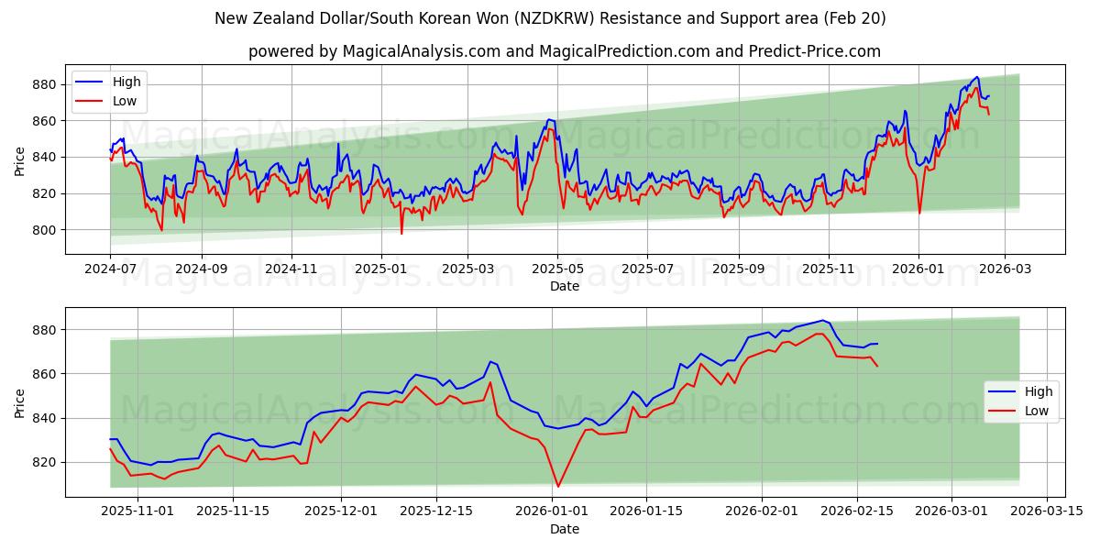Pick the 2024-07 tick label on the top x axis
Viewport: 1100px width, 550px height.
110,269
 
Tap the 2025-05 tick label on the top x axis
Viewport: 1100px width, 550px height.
557,269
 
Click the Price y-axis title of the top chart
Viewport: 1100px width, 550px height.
20,160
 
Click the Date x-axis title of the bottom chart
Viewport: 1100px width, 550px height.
565,529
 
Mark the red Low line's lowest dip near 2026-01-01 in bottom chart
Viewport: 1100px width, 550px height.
558,487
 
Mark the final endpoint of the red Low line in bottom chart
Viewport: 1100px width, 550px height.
878,367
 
